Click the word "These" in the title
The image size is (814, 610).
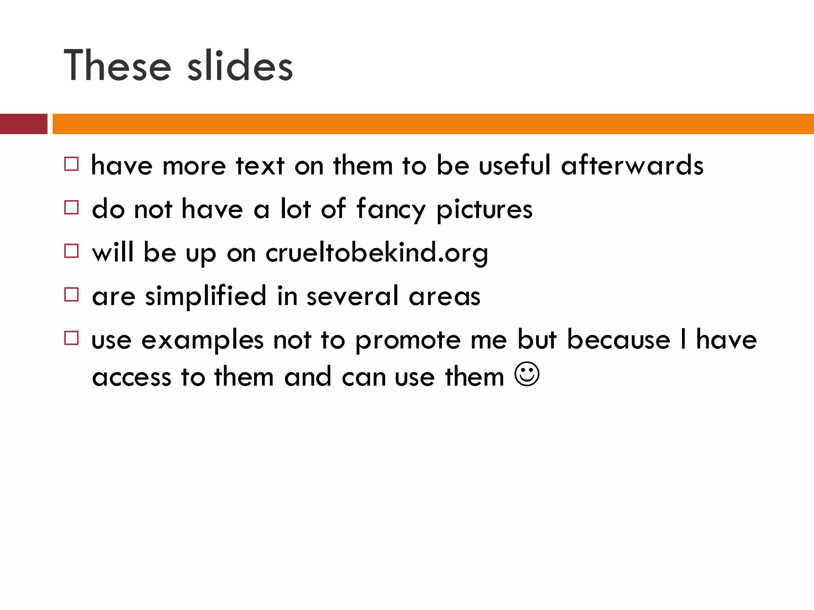[118, 66]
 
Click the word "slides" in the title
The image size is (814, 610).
[240, 66]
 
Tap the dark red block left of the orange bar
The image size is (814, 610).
[23, 124]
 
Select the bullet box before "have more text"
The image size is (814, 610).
[72, 164]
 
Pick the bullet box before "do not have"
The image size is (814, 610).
[72, 207]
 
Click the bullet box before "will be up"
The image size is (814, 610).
[72, 251]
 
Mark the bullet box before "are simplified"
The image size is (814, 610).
[72, 295]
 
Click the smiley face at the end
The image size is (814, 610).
[527, 374]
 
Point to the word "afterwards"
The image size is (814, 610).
[632, 165]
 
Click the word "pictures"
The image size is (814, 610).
[485, 210]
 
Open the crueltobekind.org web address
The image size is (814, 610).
[377, 253]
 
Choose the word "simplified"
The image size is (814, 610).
[206, 296]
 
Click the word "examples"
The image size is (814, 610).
[203, 340]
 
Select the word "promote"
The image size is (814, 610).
[408, 340]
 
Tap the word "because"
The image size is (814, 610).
[618, 340]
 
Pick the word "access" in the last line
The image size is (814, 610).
[132, 377]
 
